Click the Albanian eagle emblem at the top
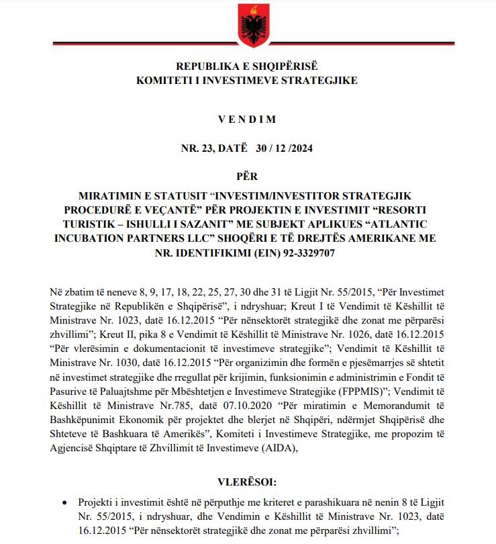pyautogui.click(x=247, y=23)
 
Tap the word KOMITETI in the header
pyautogui.click(x=165, y=80)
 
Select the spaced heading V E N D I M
pyautogui.click(x=247, y=120)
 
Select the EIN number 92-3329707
pyautogui.click(x=292, y=253)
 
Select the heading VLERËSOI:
pyautogui.click(x=247, y=482)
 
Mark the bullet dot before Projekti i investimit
pyautogui.click(x=64, y=503)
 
